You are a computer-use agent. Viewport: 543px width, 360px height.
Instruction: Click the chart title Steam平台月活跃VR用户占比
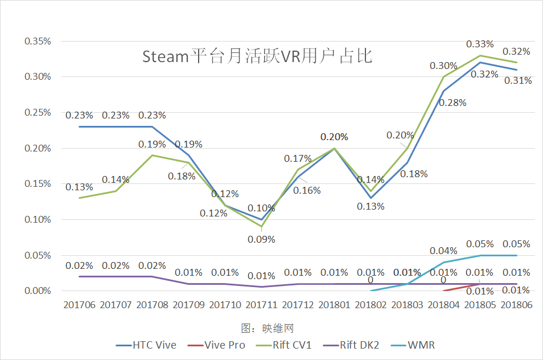click(257, 57)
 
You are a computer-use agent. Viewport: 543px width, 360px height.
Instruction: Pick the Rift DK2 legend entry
click(359, 345)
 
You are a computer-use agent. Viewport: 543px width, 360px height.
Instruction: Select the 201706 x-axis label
click(80, 305)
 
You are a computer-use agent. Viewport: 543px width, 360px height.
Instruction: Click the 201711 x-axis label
click(261, 305)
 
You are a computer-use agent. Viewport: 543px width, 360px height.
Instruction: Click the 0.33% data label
click(480, 44)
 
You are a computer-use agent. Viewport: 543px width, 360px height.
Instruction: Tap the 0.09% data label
click(261, 239)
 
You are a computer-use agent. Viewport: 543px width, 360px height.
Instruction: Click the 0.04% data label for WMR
click(444, 251)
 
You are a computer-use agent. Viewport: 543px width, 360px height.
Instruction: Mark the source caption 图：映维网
click(267, 328)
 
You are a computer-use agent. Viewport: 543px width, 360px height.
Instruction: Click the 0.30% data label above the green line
click(444, 66)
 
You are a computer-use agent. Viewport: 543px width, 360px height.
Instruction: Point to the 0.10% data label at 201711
click(261, 208)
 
